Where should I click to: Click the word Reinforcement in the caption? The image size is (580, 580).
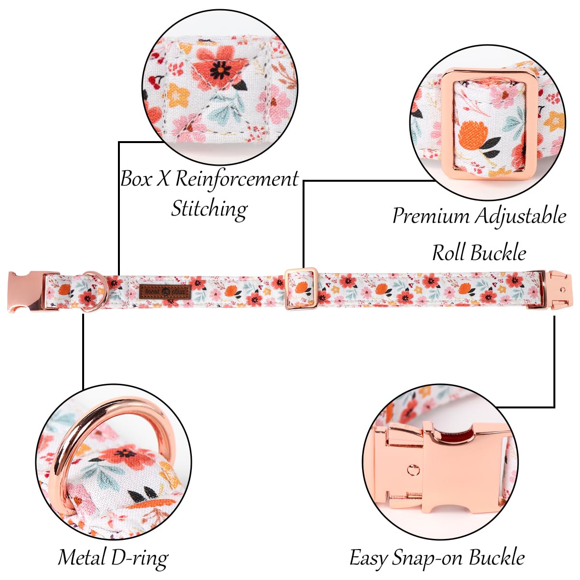pos(237,179)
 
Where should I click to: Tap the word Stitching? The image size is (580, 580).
pos(209,209)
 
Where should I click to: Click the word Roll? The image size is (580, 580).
pos(449,253)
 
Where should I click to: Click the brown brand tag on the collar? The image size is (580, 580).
pos(165,292)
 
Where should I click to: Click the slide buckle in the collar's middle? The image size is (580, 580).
pos(301,289)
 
